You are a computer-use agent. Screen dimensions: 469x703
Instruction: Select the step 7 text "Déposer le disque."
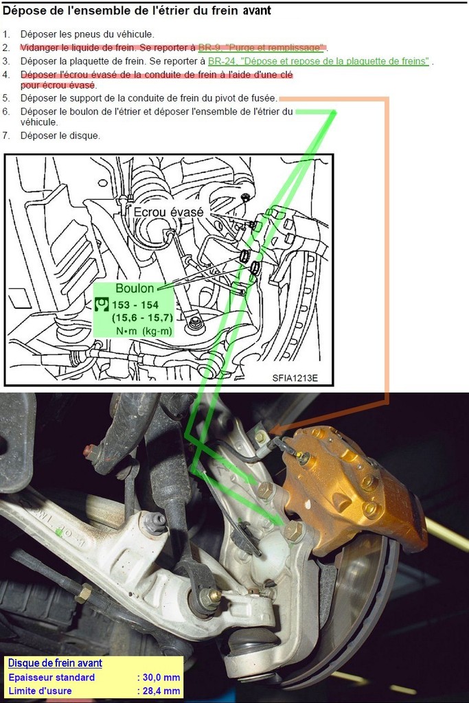[x=60, y=135]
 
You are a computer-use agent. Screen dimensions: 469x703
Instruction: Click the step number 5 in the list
[x=5, y=98]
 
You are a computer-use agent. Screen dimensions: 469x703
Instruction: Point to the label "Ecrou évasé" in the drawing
[x=169, y=212]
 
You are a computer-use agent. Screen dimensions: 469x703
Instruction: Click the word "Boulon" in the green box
[x=135, y=288]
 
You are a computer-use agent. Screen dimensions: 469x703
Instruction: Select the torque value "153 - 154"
[x=135, y=306]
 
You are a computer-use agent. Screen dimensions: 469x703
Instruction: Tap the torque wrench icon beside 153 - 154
[x=102, y=304]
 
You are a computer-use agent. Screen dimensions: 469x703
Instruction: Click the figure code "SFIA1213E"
[x=295, y=378]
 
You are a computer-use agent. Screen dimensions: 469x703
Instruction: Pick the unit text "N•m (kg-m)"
[x=144, y=332]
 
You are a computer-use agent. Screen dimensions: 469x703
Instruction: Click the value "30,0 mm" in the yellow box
[x=159, y=678]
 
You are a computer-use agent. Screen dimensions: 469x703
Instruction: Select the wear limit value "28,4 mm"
[x=159, y=691]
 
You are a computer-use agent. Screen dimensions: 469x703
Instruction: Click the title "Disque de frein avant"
[x=55, y=663]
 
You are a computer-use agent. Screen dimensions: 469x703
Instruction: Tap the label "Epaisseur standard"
[x=52, y=678]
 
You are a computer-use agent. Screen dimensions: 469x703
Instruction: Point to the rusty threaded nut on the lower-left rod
[x=83, y=593]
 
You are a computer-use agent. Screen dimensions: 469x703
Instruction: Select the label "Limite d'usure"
[x=40, y=691]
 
